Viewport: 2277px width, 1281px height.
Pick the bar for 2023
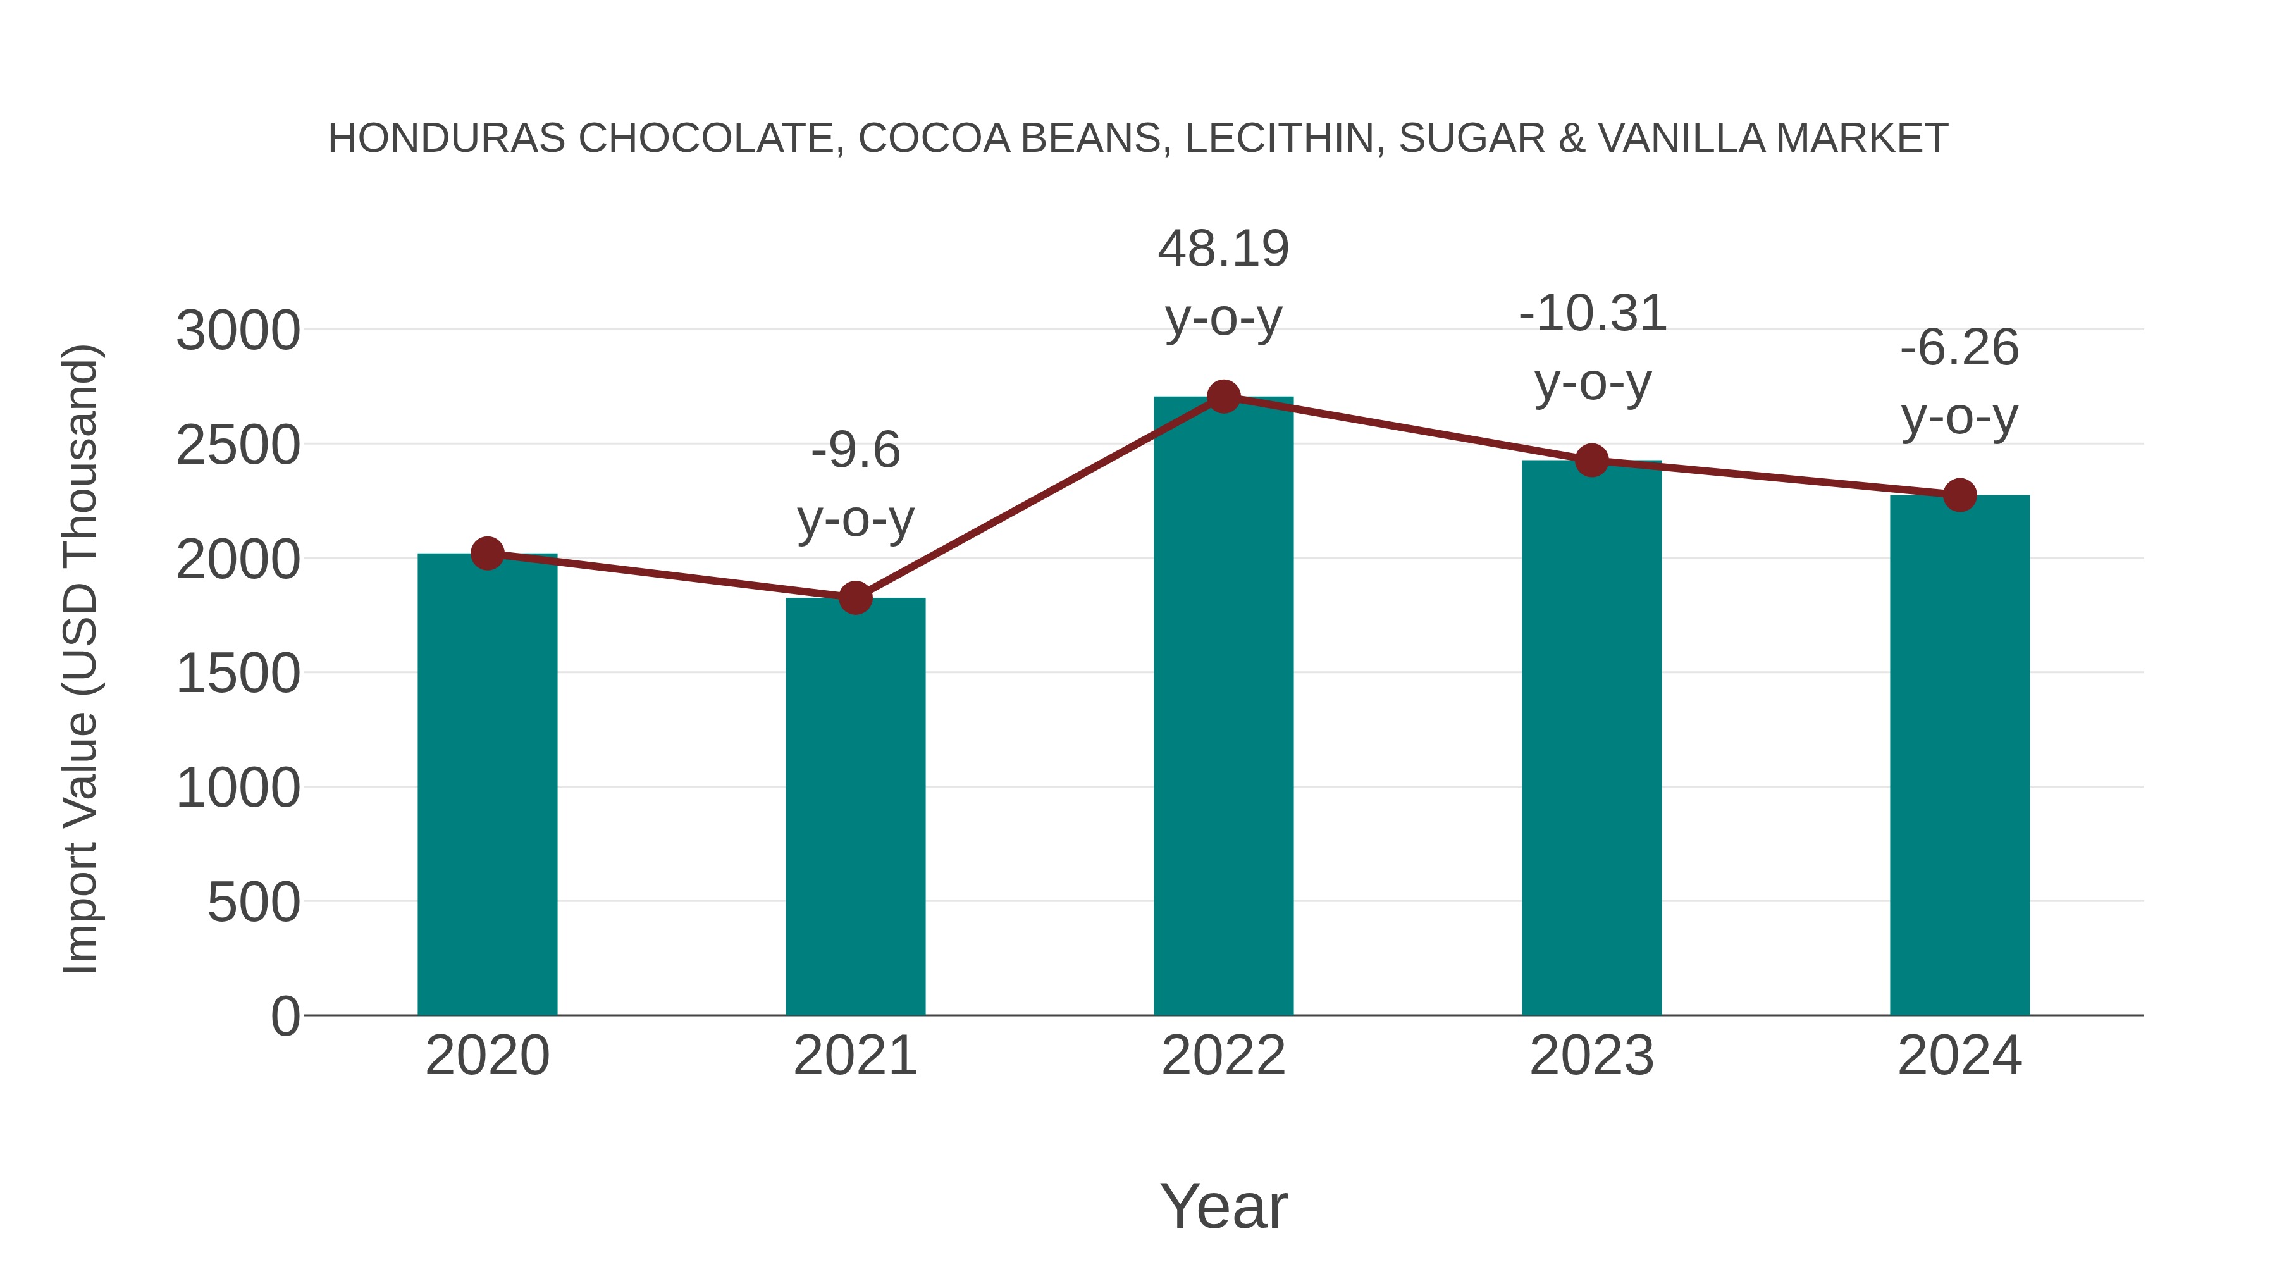(1591, 738)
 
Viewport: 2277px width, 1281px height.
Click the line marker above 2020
(487, 554)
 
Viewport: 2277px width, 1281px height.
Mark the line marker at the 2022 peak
(1223, 397)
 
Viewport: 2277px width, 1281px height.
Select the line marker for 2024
(1959, 495)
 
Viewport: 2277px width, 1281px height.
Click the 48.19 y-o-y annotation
(1223, 249)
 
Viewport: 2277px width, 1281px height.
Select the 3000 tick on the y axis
(238, 331)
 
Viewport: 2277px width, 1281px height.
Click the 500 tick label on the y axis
(253, 903)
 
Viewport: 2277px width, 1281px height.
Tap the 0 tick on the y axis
(285, 1016)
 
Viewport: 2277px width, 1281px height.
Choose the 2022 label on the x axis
(1223, 1056)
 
